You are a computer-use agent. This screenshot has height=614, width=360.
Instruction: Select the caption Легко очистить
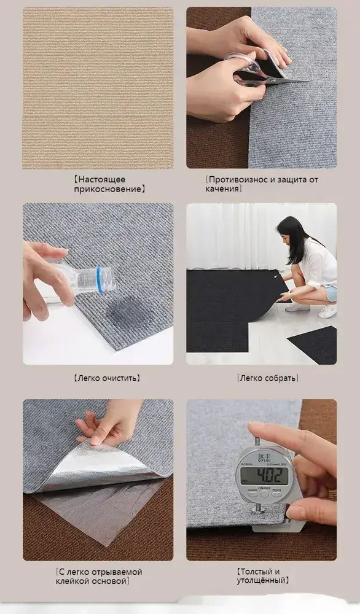tap(106, 378)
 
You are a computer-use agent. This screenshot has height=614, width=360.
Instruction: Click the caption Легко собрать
tap(268, 378)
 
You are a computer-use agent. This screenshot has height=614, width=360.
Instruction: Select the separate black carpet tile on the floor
tap(314, 344)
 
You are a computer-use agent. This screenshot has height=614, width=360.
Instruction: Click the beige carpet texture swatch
tap(98, 88)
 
